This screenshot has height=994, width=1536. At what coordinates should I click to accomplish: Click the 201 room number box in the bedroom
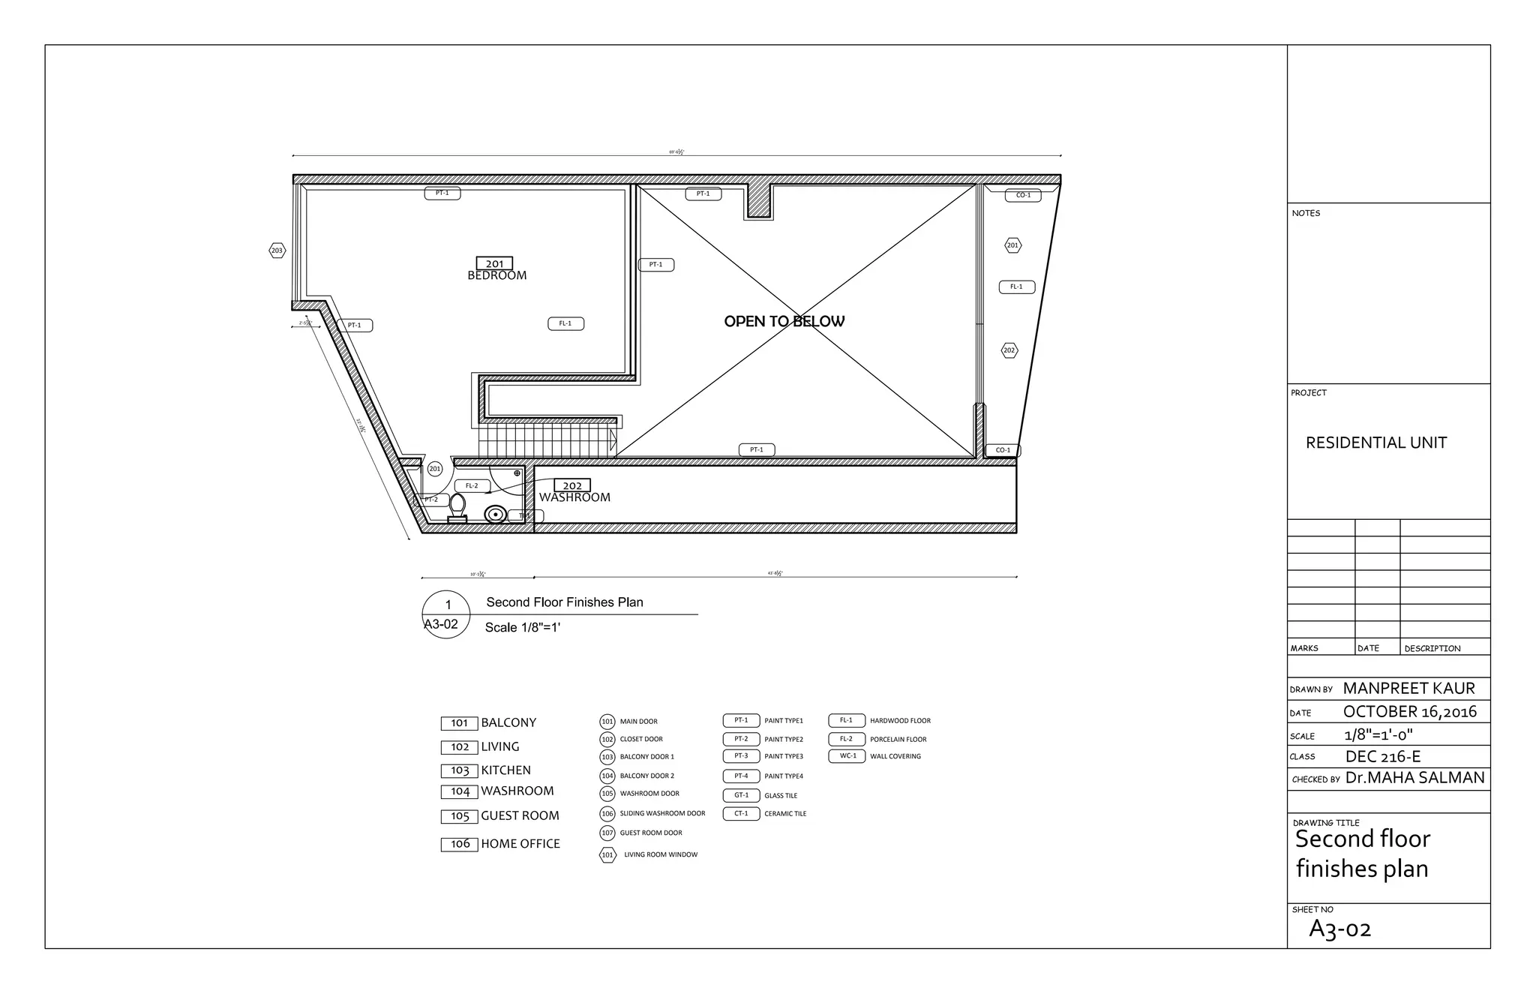[x=494, y=263]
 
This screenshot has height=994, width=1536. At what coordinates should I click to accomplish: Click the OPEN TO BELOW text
[x=784, y=321]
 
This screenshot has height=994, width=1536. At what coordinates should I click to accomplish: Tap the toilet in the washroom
[x=457, y=509]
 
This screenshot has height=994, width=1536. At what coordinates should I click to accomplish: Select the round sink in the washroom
[x=494, y=515]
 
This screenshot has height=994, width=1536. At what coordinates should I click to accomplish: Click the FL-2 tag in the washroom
[x=472, y=485]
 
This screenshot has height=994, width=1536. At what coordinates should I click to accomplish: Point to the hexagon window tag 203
[x=277, y=251]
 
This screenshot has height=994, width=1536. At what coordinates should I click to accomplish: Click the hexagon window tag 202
[x=1009, y=350]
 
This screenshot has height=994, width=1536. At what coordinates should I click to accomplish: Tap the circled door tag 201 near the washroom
[x=435, y=469]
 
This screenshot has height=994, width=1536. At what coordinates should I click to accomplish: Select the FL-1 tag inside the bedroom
[x=565, y=323]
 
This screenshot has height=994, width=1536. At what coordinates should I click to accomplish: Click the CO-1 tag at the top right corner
[x=1023, y=195]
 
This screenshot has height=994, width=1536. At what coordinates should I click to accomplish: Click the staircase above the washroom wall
[x=546, y=442]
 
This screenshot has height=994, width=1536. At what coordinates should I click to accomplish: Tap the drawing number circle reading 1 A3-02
[x=446, y=614]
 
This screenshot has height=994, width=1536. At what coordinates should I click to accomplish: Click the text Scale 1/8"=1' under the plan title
[x=523, y=627]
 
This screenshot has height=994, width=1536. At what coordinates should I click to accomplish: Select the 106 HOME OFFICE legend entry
[x=501, y=844]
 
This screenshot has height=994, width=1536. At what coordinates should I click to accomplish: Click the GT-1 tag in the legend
[x=741, y=795]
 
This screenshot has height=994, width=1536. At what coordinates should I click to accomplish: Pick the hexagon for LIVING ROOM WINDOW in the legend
[x=607, y=854]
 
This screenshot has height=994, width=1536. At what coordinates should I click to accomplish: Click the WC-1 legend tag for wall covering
[x=847, y=756]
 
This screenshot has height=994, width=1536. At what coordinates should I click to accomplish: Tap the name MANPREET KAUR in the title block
[x=1408, y=688]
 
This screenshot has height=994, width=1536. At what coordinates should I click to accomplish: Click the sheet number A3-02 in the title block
[x=1339, y=929]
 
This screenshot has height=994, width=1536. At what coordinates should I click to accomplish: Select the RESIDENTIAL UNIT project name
[x=1375, y=443]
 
